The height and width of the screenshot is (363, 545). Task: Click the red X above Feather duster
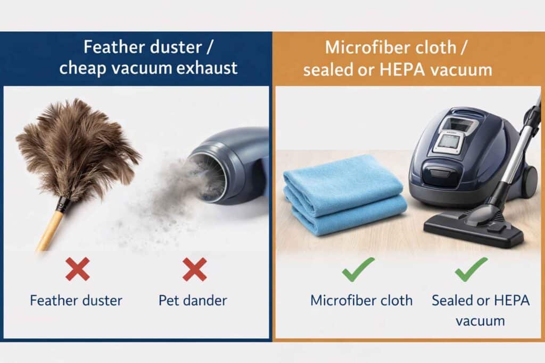click(x=77, y=269)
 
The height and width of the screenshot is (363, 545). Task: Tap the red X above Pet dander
click(x=194, y=269)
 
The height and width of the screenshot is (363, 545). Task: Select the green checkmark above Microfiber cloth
click(x=358, y=269)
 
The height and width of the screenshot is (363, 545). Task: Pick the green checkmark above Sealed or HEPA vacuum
click(x=471, y=268)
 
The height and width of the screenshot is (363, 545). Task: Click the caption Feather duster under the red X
click(x=76, y=300)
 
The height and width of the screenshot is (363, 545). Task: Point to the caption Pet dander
click(x=193, y=300)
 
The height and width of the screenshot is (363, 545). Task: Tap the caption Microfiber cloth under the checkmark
click(x=361, y=300)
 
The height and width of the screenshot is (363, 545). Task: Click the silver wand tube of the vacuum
click(x=518, y=154)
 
